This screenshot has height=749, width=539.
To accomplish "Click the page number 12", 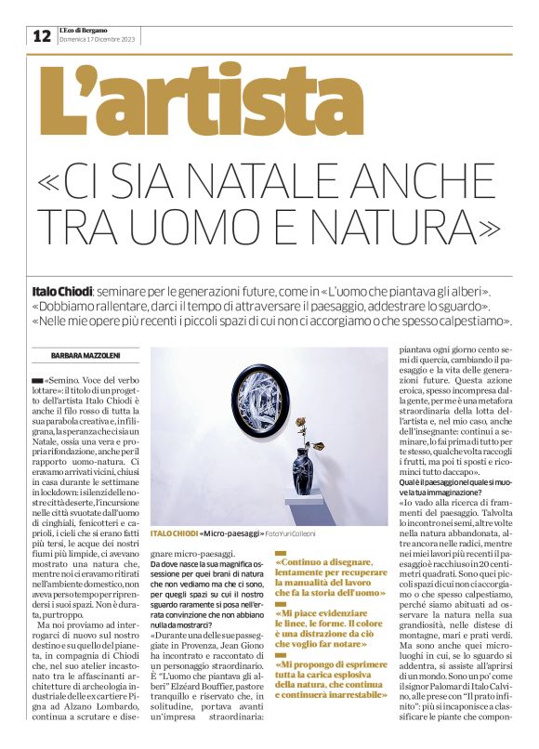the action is point(42,35).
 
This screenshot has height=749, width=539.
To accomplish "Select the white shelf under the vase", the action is point(312,507).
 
